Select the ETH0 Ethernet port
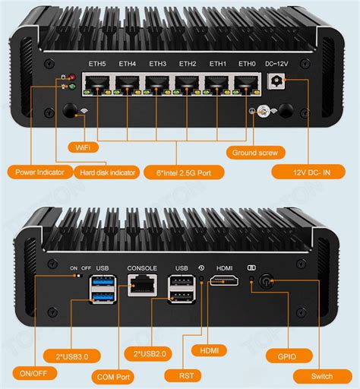click(x=246, y=85)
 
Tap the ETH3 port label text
click(x=157, y=63)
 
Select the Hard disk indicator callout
click(x=108, y=172)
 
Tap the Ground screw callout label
click(x=257, y=152)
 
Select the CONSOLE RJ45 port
click(x=141, y=288)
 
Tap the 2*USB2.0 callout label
click(x=148, y=353)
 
